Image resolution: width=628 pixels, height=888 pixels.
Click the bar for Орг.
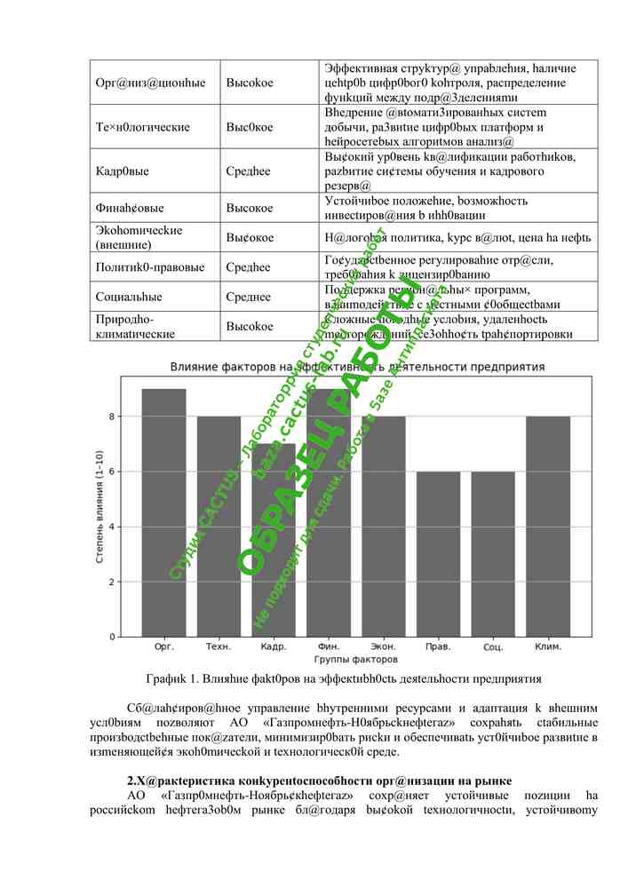click(163, 512)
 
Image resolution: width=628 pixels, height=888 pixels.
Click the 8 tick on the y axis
click(113, 416)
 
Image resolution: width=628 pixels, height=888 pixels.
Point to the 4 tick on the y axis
click(113, 527)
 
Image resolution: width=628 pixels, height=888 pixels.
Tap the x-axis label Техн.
click(219, 647)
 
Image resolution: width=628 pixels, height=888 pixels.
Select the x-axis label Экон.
click(383, 647)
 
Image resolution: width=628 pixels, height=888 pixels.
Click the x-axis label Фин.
click(328, 647)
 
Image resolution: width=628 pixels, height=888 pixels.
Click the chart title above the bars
click(355, 367)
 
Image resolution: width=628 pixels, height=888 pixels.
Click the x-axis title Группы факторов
click(355, 660)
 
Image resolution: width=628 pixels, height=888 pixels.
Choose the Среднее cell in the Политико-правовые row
click(249, 266)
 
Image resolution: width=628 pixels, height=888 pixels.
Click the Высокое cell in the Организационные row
click(250, 83)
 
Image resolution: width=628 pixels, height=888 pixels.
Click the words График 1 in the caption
click(173, 679)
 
